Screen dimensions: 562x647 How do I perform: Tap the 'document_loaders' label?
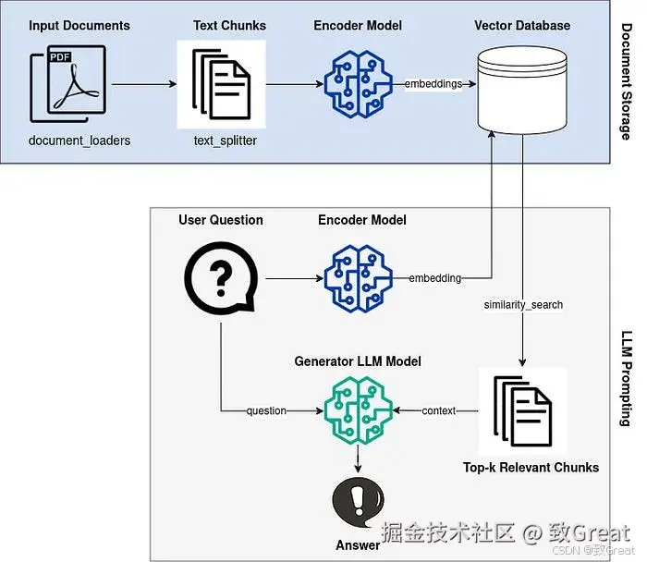[79, 140]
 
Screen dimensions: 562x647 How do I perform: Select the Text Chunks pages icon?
[221, 84]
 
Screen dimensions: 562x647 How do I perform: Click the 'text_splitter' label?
[226, 140]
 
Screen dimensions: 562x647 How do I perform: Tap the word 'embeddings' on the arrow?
[433, 84]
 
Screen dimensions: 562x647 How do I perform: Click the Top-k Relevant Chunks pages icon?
[522, 410]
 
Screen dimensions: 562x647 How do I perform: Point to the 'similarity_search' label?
[523, 304]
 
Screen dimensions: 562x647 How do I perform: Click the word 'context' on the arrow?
[439, 410]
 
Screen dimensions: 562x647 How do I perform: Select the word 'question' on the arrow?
[266, 410]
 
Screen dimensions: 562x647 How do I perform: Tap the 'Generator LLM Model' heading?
[358, 360]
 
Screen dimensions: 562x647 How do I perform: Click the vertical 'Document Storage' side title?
[626, 82]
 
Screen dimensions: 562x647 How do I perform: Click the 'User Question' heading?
[221, 220]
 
